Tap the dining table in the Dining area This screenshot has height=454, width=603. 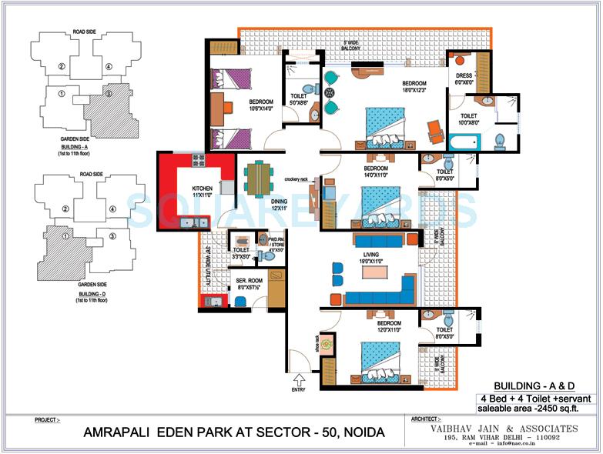(x=258, y=179)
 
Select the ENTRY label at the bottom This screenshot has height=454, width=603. (x=297, y=389)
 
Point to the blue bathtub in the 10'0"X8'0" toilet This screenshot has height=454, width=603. (x=464, y=143)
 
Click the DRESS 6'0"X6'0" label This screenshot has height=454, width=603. (x=464, y=78)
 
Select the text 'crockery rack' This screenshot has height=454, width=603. (x=296, y=179)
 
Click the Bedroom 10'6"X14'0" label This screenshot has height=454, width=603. (x=263, y=105)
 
